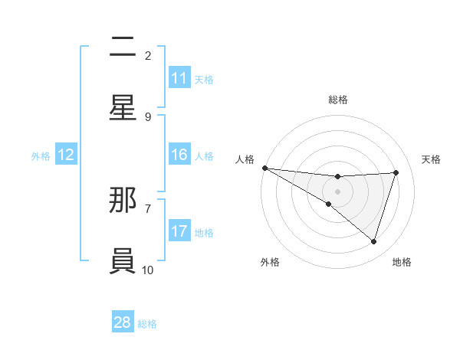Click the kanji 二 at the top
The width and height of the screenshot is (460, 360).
coord(123,47)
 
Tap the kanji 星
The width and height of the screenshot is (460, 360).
coord(123,108)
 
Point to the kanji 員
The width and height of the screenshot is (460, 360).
coord(123,260)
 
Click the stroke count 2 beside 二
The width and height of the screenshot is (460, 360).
coord(148,56)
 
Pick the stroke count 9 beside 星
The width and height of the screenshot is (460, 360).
coord(148,116)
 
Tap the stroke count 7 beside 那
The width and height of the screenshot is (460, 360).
coord(148,208)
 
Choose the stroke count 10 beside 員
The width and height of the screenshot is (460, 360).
coord(148,269)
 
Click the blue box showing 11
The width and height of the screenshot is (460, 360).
coord(179,78)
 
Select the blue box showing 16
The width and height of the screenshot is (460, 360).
coord(179,155)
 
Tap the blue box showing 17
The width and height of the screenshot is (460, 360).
coord(179,231)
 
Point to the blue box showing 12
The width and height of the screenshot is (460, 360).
coord(66,155)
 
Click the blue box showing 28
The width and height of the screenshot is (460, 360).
coord(123,322)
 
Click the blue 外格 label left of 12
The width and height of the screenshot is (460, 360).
coord(41,155)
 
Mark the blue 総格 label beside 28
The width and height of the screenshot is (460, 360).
coord(147,323)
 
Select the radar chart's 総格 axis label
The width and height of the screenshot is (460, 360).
coord(337,100)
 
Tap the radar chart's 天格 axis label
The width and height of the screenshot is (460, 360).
coord(432,159)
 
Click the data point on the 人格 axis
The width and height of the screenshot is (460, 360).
coord(264,167)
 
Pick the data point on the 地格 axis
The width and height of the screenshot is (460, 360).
coord(374,241)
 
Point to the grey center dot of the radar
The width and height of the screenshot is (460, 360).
coord(337,191)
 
